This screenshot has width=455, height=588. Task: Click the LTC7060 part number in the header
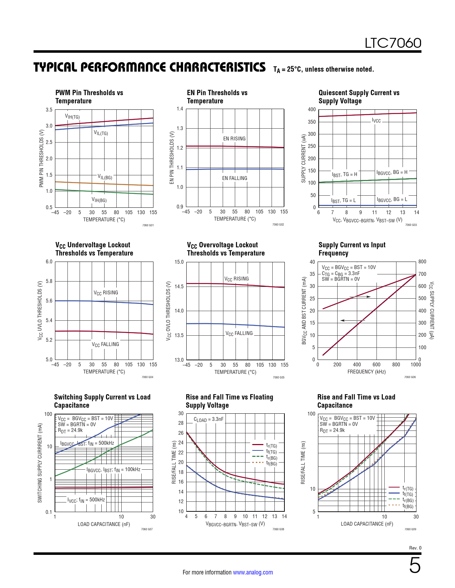click(393, 43)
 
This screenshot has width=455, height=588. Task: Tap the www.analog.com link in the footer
click(253, 572)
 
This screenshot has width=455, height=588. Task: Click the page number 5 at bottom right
click(414, 566)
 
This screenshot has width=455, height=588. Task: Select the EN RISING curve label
click(234, 139)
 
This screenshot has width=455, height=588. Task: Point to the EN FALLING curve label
click(234, 178)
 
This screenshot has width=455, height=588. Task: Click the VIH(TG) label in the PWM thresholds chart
click(72, 117)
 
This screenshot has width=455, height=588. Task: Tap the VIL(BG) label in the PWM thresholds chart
click(105, 177)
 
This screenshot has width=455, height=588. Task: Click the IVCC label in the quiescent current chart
click(376, 120)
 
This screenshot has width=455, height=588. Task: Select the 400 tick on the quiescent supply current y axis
click(312, 109)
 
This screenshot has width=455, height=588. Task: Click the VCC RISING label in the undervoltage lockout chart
click(106, 293)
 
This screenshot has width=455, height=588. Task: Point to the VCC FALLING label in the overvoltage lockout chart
click(239, 334)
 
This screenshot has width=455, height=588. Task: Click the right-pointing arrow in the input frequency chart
click(360, 297)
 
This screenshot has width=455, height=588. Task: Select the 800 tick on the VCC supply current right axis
click(422, 262)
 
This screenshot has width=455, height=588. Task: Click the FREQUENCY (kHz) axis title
click(366, 372)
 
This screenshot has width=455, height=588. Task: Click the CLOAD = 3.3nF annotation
click(208, 419)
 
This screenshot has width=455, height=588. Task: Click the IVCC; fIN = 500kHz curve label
click(86, 500)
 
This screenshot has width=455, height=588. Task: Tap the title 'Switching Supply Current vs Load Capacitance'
click(102, 401)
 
